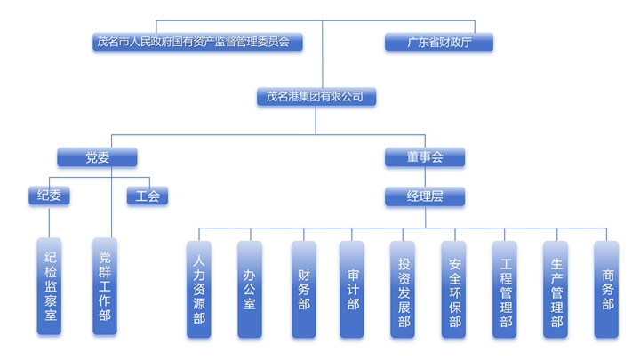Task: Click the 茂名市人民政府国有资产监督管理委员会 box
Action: (x=198, y=42)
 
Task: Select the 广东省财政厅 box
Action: (x=438, y=42)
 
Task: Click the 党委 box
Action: (x=98, y=158)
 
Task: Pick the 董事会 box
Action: (x=425, y=158)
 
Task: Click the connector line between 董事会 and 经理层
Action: (x=425, y=177)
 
